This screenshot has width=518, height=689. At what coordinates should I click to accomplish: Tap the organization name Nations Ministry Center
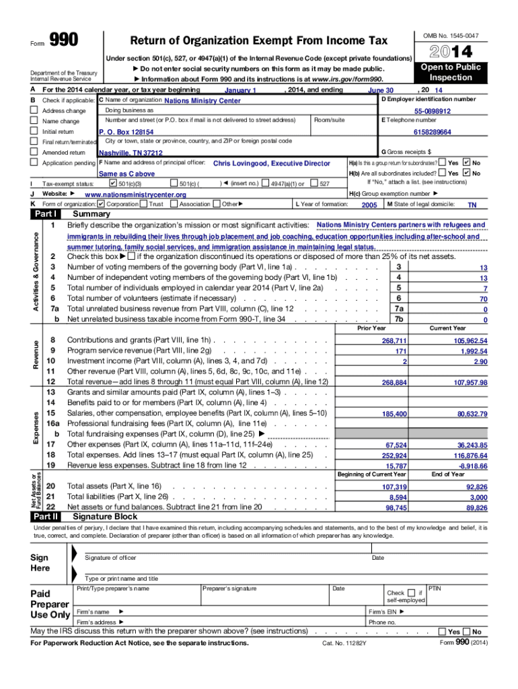[202, 101]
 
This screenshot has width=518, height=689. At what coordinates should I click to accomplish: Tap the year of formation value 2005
[369, 205]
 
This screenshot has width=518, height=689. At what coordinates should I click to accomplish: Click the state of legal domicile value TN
[472, 205]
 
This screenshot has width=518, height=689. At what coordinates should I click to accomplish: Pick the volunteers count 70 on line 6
[483, 299]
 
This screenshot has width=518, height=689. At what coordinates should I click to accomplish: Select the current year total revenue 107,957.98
[470, 383]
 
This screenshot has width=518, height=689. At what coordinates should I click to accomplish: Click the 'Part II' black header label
[45, 517]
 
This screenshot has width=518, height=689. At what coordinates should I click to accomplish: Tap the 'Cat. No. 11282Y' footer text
[344, 643]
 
